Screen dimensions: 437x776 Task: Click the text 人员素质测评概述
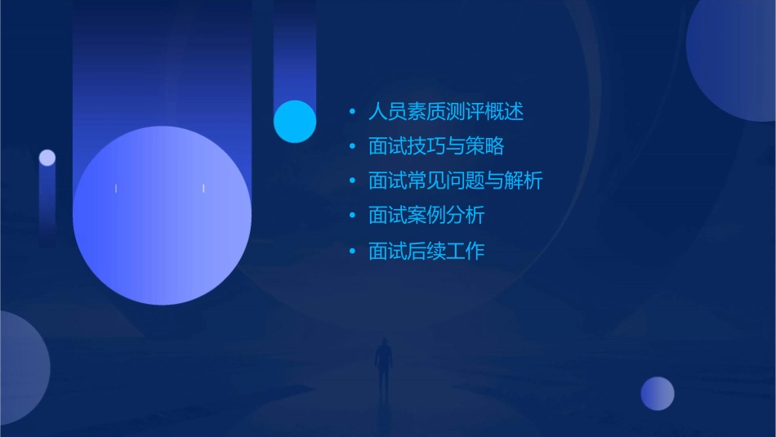click(x=446, y=111)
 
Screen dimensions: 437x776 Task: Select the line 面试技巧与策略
click(x=436, y=146)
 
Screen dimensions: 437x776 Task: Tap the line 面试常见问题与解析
click(x=455, y=181)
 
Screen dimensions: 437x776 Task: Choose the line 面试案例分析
click(x=426, y=216)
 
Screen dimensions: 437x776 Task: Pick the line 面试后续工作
click(x=426, y=251)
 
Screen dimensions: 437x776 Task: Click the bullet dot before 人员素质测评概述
click(x=352, y=112)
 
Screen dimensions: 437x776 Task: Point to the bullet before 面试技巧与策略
click(x=352, y=147)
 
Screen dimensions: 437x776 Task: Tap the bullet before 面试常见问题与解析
click(x=352, y=181)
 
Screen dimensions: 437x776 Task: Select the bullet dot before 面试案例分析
click(x=352, y=216)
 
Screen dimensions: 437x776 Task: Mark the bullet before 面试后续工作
click(x=352, y=252)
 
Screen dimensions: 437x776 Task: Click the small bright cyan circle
click(x=295, y=121)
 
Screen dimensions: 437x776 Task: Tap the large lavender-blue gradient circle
click(x=162, y=216)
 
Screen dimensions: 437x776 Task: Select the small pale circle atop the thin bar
click(x=47, y=158)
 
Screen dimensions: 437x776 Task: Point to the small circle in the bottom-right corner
click(x=658, y=393)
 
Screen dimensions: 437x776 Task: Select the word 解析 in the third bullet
click(x=523, y=181)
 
